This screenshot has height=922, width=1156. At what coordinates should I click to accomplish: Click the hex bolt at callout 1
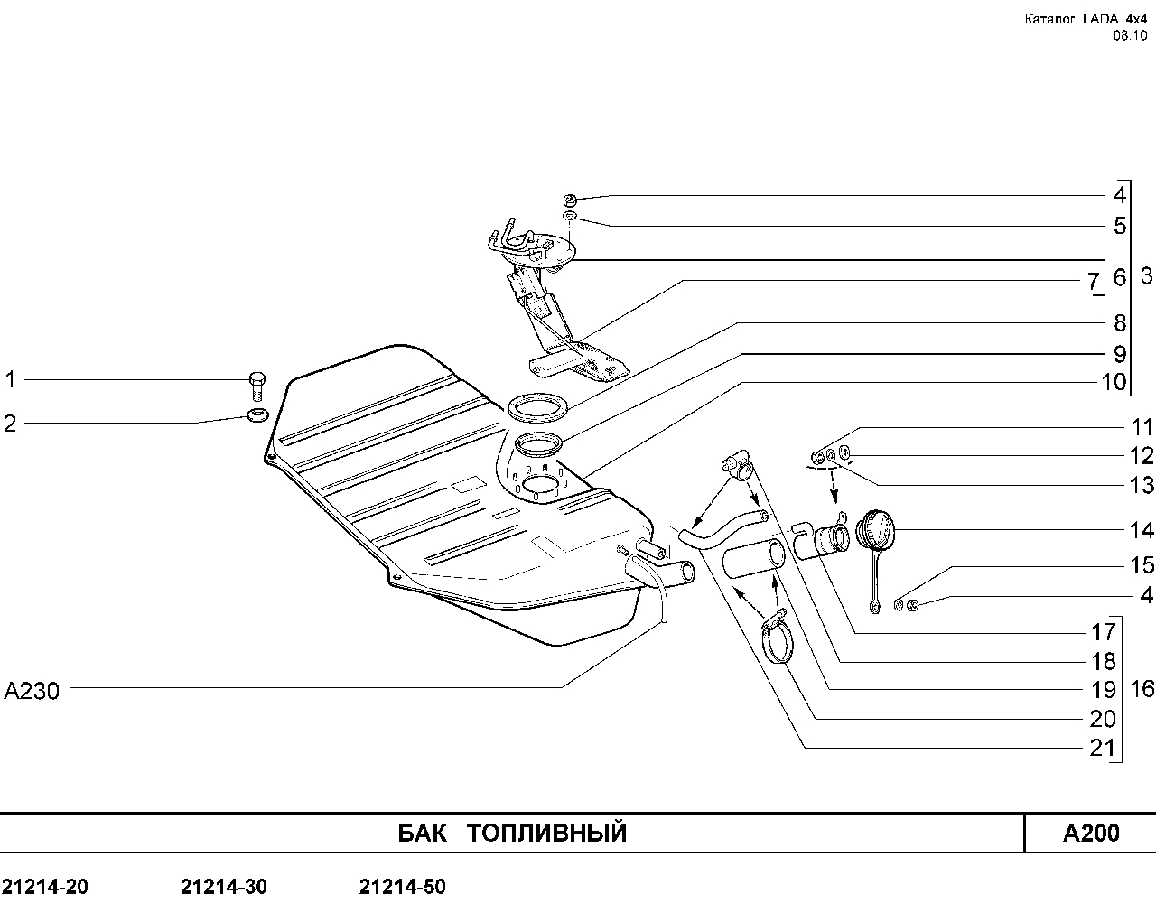pos(257,386)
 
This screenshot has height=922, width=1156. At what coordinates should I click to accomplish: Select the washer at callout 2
pos(258,415)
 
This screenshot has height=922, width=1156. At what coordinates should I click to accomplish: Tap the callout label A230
pos(32,691)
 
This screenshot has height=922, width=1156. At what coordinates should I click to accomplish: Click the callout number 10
pos(1114,383)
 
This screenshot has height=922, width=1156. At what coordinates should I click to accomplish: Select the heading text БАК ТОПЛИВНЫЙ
pos(512,833)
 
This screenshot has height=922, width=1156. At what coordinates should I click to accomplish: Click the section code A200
pos(1091,833)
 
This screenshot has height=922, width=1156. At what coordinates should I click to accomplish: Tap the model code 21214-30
pos(223,887)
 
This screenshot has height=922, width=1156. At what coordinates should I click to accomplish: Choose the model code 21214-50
pos(403,887)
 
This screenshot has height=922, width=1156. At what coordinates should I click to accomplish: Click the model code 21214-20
pos(45,887)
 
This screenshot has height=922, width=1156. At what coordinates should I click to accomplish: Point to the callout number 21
pos(1103,748)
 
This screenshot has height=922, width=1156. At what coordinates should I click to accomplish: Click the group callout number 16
pos(1142,689)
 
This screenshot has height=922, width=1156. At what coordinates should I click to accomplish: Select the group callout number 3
pos(1146,276)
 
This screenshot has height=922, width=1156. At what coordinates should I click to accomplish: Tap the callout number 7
pos(1094,281)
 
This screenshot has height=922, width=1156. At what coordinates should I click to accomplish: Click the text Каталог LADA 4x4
pos(1086,19)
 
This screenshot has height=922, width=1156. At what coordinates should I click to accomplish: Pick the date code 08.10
pos(1130,36)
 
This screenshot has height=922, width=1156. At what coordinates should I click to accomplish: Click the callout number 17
pos(1104,632)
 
